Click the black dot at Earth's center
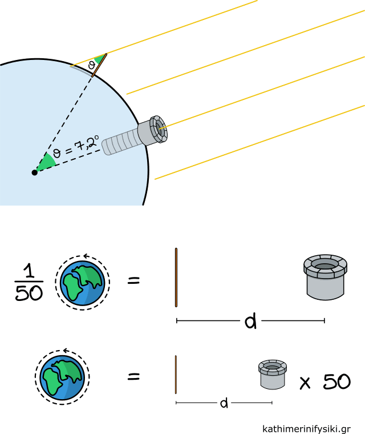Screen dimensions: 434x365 (x=35, y=172)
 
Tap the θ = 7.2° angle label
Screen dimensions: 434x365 (x=76, y=145)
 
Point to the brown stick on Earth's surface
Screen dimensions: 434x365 (x=100, y=65)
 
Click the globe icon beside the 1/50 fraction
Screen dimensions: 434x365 (x=83, y=282)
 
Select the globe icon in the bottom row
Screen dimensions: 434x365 (x=62, y=376)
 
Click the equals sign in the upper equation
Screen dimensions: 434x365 (x=133, y=281)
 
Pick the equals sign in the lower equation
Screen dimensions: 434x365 (x=133, y=376)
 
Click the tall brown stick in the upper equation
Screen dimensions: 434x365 (x=176, y=277)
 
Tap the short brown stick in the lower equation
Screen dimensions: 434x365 (x=176, y=375)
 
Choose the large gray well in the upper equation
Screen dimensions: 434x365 (x=325, y=277)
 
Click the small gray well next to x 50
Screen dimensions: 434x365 (x=273, y=374)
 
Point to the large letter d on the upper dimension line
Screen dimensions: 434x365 (x=250, y=322)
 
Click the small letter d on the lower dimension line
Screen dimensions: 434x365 (x=224, y=404)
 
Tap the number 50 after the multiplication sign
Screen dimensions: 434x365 (x=336, y=381)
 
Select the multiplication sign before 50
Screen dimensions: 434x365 (x=306, y=383)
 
